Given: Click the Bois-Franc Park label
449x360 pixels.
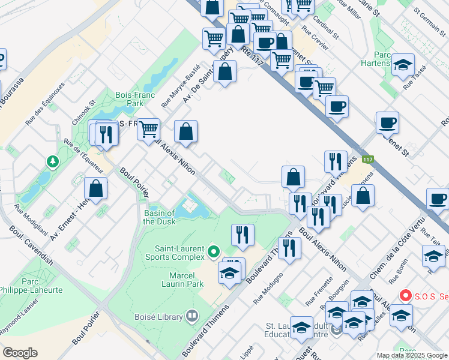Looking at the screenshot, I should pyautogui.click(x=136, y=99).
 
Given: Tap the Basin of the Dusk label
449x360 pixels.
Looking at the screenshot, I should pyautogui.click(x=159, y=217).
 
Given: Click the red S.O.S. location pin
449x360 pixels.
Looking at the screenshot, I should pyautogui.click(x=406, y=296).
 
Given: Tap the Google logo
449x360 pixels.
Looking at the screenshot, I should pyautogui.click(x=20, y=352).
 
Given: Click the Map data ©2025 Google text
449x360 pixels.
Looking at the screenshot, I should pyautogui.click(x=411, y=355).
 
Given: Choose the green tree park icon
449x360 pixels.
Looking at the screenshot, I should pyautogui.click(x=53, y=162).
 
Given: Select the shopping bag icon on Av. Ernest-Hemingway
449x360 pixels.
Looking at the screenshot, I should pyautogui.click(x=95, y=189).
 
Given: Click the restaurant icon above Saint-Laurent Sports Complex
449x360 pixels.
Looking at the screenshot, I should pyautogui.click(x=243, y=235).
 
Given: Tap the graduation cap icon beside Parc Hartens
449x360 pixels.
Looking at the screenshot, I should pyautogui.click(x=403, y=65).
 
